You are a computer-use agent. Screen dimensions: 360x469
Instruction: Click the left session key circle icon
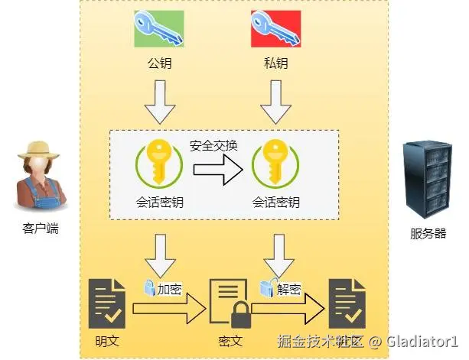point(159,165)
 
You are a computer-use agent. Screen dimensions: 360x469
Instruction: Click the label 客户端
point(40,228)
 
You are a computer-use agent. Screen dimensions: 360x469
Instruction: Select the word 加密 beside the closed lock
point(169,290)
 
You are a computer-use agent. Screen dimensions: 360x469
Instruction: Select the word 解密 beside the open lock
point(288,288)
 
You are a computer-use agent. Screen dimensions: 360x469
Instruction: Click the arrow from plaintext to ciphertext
point(168,309)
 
